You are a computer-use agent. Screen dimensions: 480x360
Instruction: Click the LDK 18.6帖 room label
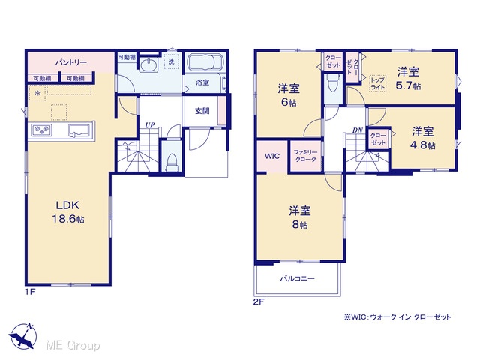[x=68, y=211]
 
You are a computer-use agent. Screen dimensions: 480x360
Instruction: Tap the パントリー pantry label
[x=71, y=62]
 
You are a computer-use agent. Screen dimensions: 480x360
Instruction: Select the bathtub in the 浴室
[x=205, y=62]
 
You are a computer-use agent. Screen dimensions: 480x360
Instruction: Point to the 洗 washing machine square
[x=171, y=61]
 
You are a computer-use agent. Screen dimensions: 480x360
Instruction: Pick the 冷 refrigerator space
[x=37, y=93]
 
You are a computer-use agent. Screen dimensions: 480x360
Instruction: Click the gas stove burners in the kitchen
[x=42, y=130]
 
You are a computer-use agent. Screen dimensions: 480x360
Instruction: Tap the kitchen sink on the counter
[x=79, y=130]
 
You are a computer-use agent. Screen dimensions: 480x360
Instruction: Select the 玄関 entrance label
[x=202, y=111]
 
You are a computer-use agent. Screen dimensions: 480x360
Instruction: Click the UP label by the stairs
[x=150, y=125]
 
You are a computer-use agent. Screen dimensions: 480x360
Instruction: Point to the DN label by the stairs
[x=357, y=130]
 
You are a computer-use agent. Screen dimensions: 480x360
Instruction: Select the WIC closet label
[x=271, y=156]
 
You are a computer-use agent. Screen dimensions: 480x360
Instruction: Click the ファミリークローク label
[x=305, y=156]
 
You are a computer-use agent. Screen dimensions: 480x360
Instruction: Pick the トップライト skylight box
[x=378, y=83]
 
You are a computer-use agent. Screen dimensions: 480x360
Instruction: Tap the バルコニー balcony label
[x=298, y=278]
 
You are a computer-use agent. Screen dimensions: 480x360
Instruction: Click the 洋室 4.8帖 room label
[x=422, y=138]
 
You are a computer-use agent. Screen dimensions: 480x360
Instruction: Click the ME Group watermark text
[x=73, y=345]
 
